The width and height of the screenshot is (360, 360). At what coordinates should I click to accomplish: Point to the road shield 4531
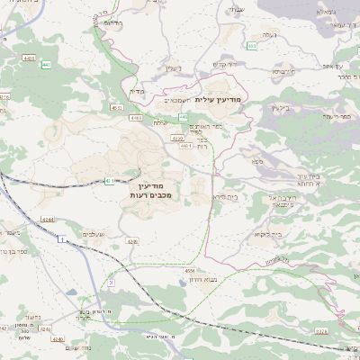click(116, 107)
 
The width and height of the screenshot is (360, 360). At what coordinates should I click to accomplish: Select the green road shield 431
click(109, 180)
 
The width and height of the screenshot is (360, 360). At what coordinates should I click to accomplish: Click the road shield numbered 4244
click(48, 219)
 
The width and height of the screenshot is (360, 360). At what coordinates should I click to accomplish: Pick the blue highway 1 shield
click(61, 240)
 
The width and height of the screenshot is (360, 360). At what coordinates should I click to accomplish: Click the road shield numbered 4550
click(178, 139)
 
